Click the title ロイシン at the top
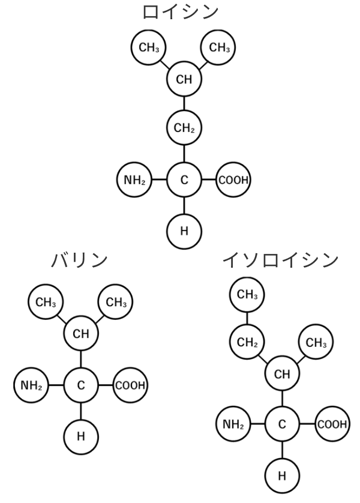tap(179, 12)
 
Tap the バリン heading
tap(80, 260)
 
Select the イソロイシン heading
tap(280, 260)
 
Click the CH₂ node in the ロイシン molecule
tap(184, 128)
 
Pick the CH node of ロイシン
tap(184, 80)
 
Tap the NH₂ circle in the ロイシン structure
tap(134, 179)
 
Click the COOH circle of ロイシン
tap(233, 179)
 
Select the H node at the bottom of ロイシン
tap(184, 230)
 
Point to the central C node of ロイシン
tap(184, 179)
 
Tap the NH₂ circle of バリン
tap(31, 385)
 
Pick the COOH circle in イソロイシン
tap(332, 424)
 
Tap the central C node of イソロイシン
tap(282, 424)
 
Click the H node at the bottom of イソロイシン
tap(282, 475)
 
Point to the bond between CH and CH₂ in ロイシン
tap(184, 104)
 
